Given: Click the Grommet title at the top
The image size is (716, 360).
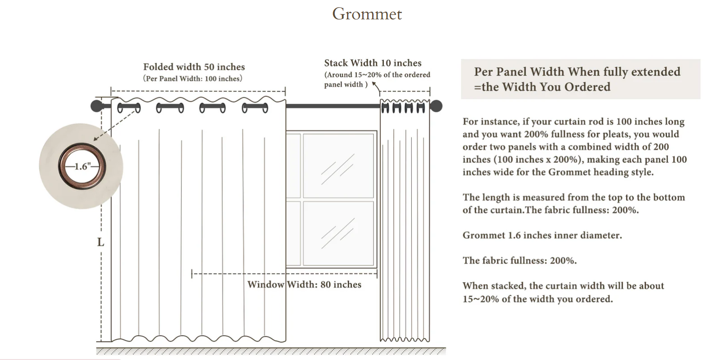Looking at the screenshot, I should (367, 14).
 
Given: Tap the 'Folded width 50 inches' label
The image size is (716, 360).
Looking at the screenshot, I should (194, 67).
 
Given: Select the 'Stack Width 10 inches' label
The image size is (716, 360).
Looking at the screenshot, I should (373, 63).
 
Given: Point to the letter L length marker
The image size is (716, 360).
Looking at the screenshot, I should (100, 243).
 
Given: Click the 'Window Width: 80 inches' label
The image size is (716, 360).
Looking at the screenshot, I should (304, 284).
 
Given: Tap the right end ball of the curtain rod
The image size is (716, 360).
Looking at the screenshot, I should (436, 106).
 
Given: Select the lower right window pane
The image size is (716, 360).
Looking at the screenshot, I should (338, 233).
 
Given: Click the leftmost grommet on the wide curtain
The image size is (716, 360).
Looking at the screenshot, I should (129, 108).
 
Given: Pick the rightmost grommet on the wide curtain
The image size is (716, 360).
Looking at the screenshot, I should (255, 108).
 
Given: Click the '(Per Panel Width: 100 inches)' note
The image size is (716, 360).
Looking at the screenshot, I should (193, 79).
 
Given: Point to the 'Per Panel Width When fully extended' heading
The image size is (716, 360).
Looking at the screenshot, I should (577, 72).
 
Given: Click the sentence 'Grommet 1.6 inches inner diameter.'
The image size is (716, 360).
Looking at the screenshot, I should (542, 235).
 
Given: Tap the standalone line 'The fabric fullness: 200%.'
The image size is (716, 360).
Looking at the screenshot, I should (519, 261).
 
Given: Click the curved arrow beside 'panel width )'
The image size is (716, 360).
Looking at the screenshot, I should (376, 86).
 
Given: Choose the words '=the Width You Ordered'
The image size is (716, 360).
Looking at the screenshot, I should (542, 87).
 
